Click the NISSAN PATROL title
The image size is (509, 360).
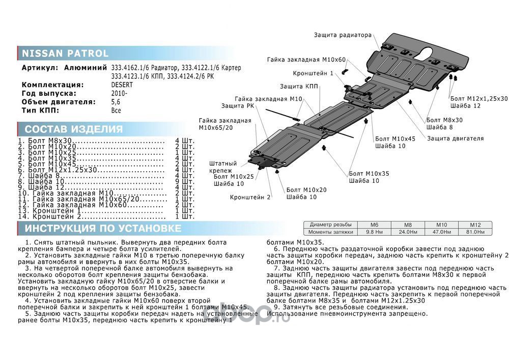coord(64,53)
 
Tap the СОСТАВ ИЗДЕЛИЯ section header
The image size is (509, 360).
coord(74,129)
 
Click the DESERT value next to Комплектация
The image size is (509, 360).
coord(122,85)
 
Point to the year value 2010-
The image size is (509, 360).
coord(119,94)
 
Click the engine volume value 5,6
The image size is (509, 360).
coord(116,102)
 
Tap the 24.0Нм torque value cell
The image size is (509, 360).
coord(407,232)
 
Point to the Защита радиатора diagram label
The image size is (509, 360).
coord(343,36)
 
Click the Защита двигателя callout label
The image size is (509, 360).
coord(455,138)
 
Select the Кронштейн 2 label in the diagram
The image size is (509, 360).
coord(250,197)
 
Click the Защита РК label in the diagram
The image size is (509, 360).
coord(235,106)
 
